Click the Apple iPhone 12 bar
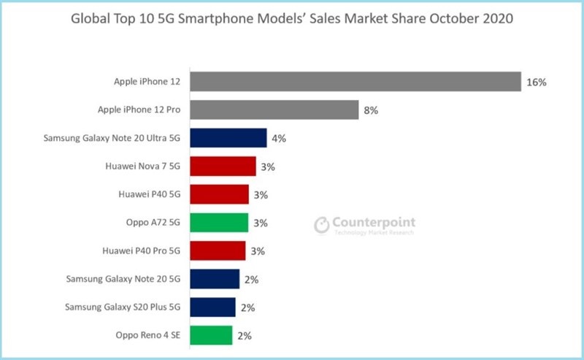pyautogui.click(x=355, y=82)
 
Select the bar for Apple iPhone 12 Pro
pyautogui.click(x=274, y=110)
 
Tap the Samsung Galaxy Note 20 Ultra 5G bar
pyautogui.click(x=228, y=138)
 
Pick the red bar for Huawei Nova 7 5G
pyautogui.click(x=223, y=166)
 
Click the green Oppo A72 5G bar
pyautogui.click(x=219, y=223)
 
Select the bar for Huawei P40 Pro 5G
pyautogui.click(x=218, y=250)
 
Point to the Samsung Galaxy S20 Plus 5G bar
pyautogui.click(x=212, y=307)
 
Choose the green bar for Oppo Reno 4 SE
pyautogui.click(x=211, y=335)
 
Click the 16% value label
pyautogui.click(x=536, y=83)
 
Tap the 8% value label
pyautogui.click(x=372, y=111)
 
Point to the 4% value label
pyautogui.click(x=279, y=139)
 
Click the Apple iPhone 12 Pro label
pyautogui.click(x=139, y=110)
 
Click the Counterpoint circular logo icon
pyautogui.click(x=321, y=225)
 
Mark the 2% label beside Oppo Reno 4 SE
pyautogui.click(x=246, y=336)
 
